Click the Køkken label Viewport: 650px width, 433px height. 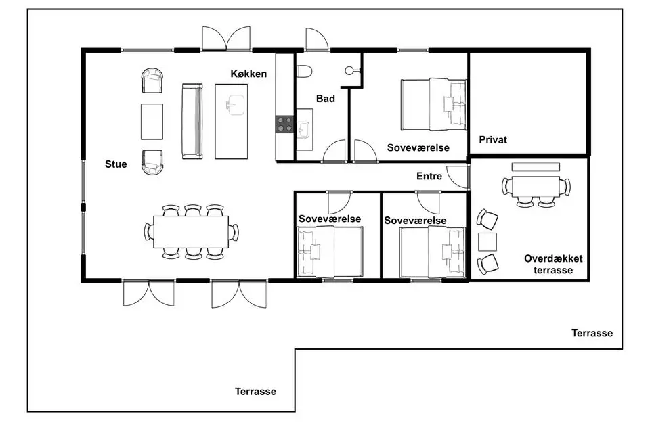coord(248,74)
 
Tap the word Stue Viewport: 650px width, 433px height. coord(116,164)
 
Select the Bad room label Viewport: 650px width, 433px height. coord(326,99)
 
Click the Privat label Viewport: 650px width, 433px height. coord(493,139)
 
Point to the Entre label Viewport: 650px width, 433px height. coord(429,176)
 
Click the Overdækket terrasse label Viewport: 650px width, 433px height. coord(553,265)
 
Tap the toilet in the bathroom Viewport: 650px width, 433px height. coord(304,71)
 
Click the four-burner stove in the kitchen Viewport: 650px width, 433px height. coord(285,124)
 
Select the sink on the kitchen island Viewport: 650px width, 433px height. coord(236,105)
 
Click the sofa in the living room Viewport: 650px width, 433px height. coord(192,121)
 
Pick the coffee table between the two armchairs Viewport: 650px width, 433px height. coord(152,121)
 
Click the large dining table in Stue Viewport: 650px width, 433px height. coord(191,232)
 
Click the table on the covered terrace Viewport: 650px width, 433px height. coord(536,187)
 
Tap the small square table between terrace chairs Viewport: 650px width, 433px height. coord(487,242)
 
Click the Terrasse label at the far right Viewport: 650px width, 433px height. coord(592,333)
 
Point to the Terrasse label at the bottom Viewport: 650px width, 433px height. coord(255,392)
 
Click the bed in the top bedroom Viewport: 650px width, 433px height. coord(433,104)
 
